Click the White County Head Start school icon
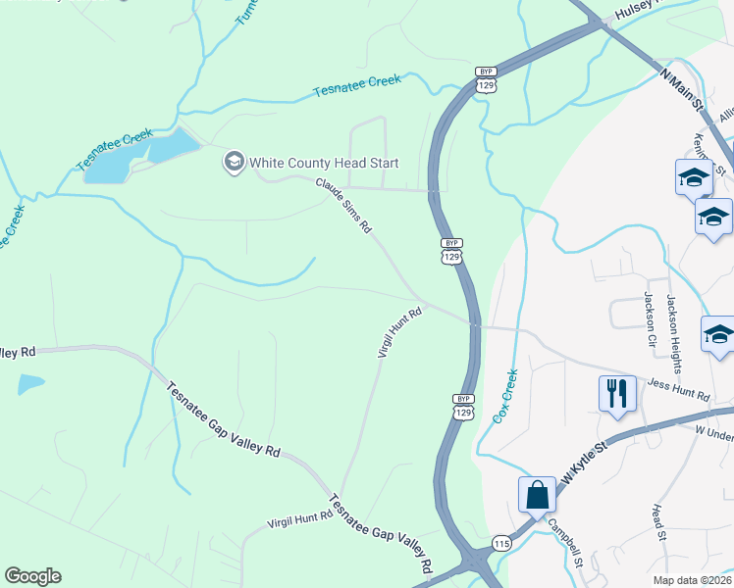[234, 162]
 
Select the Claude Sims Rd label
[342, 205]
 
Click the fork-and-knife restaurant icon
[617, 394]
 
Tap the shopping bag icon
[538, 495]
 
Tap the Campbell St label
[566, 543]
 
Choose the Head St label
[659, 522]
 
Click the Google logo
[32, 576]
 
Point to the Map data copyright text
[693, 580]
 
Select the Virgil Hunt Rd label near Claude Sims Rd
[400, 332]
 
